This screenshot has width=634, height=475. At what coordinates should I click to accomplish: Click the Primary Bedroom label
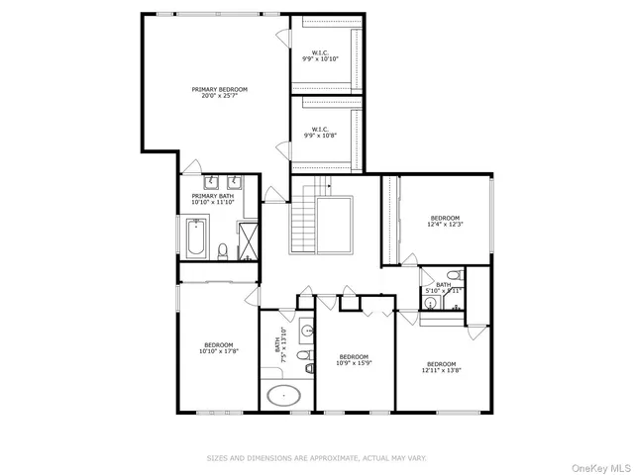[220, 92]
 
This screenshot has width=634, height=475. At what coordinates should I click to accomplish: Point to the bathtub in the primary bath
[194, 239]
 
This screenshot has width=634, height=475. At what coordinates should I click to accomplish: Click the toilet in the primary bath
[224, 250]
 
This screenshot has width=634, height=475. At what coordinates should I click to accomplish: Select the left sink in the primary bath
[211, 182]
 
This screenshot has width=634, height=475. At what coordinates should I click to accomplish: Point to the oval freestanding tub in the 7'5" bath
[284, 396]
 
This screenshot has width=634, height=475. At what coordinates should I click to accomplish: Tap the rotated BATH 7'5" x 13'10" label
[280, 346]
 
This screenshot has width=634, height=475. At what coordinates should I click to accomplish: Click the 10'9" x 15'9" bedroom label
[354, 359]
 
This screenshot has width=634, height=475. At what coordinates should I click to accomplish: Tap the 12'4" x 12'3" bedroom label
[445, 221]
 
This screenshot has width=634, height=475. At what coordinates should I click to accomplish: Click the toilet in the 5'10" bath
[454, 275]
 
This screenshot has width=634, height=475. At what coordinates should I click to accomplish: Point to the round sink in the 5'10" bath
[431, 302]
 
